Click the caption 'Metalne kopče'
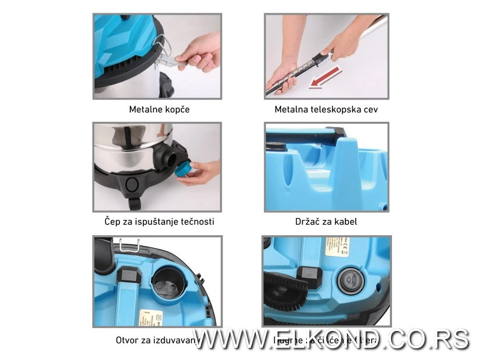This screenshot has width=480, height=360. click(159, 110)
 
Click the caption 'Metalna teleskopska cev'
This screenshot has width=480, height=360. click(326, 110)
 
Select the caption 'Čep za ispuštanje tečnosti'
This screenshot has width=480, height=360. click(159, 221)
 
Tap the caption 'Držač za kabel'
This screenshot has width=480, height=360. click(326, 221)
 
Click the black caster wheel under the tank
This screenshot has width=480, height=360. click(135, 203)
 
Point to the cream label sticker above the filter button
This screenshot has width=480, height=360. click(337, 247)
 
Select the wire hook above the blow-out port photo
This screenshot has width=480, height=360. click(125, 245)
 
